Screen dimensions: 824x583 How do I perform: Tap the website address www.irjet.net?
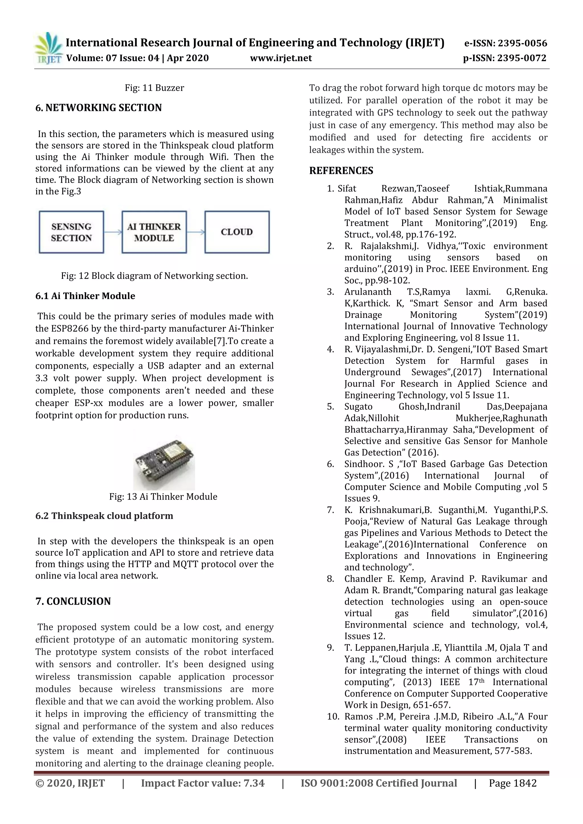click(x=281, y=58)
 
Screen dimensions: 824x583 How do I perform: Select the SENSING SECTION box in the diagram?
click(x=71, y=232)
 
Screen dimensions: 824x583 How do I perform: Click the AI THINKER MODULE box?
click(x=154, y=232)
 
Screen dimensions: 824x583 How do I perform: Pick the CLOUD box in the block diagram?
click(x=237, y=232)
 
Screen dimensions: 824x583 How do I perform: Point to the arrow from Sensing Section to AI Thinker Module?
click(x=113, y=232)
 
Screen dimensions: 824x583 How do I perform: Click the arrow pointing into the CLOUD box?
click(x=196, y=232)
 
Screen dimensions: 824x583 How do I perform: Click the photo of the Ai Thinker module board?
click(x=164, y=463)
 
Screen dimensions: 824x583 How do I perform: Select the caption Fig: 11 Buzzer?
click(x=154, y=88)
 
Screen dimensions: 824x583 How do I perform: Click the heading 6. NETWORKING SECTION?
click(x=98, y=108)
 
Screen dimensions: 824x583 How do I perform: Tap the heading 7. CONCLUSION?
click(x=73, y=601)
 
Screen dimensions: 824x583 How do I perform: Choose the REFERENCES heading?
click(x=341, y=171)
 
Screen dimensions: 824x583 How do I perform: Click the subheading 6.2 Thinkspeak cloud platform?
click(x=104, y=516)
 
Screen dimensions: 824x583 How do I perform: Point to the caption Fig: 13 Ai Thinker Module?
click(x=163, y=497)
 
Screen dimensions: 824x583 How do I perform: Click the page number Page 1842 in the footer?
click(x=512, y=783)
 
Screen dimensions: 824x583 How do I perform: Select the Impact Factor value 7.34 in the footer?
click(x=254, y=783)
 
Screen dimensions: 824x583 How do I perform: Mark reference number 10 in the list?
click(x=333, y=717)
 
